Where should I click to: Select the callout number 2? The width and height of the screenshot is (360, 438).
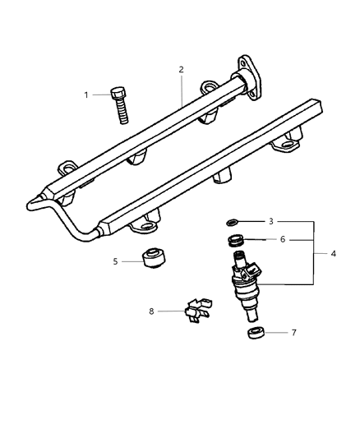(x=181, y=71)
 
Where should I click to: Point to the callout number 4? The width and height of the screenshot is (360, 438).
(x=332, y=254)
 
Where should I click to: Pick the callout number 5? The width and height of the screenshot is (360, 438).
(x=116, y=261)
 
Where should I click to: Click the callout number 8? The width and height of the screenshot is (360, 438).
(x=152, y=311)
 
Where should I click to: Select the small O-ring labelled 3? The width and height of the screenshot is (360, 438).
(x=233, y=222)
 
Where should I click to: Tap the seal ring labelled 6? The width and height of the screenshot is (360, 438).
(x=236, y=241)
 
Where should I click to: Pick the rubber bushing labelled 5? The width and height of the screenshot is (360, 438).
(x=153, y=256)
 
